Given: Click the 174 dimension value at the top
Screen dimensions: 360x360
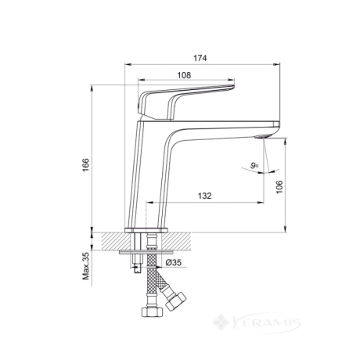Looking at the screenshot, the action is [x=200, y=58].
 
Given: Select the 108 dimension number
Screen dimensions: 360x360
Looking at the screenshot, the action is [x=184, y=75].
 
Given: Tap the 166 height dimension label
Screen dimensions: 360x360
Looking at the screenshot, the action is [x=86, y=165].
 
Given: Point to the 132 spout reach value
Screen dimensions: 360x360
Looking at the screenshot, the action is [x=204, y=196].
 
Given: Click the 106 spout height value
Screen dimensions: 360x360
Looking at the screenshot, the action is [x=279, y=187].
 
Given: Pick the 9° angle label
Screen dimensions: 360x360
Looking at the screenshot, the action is [x=254, y=165].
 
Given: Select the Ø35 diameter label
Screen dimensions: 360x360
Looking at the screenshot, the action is [x=174, y=262].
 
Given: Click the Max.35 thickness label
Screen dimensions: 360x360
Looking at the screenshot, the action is [x=86, y=266].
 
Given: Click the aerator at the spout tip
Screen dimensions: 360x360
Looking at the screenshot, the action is [x=263, y=136].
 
